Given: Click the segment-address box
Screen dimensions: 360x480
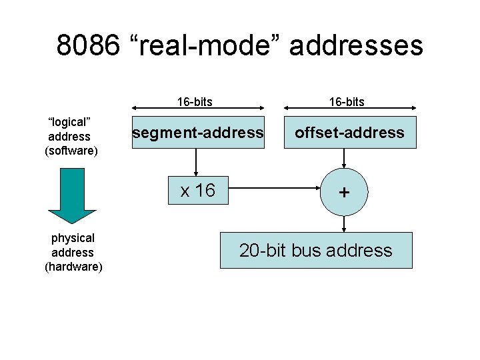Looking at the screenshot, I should (x=198, y=133).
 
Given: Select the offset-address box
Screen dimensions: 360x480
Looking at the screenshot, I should (x=349, y=133).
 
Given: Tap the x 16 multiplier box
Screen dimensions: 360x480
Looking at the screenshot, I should (x=198, y=191).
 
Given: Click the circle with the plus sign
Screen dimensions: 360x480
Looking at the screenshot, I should (x=344, y=192).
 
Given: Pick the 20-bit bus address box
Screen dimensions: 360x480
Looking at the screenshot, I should (x=316, y=251).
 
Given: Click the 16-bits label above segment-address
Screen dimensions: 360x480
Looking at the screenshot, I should (x=195, y=101).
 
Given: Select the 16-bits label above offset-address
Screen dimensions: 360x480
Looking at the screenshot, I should (x=346, y=101).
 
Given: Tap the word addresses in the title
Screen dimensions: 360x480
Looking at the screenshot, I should (x=356, y=46).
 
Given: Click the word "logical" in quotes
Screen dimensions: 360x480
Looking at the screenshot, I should (x=69, y=122).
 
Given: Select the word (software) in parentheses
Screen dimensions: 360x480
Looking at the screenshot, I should (x=71, y=151).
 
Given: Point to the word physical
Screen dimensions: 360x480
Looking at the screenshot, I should (x=73, y=238).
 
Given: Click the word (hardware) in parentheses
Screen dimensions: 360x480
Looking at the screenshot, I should (x=73, y=267).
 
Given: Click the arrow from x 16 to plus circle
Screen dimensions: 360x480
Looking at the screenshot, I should (x=273, y=188).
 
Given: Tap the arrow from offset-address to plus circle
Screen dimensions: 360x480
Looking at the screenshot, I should (x=344, y=158).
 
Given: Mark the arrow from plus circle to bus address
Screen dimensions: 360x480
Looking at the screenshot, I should (x=344, y=223).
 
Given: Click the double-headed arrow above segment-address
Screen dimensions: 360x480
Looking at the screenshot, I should (x=198, y=111).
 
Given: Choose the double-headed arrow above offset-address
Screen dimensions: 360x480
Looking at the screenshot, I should (x=349, y=111).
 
